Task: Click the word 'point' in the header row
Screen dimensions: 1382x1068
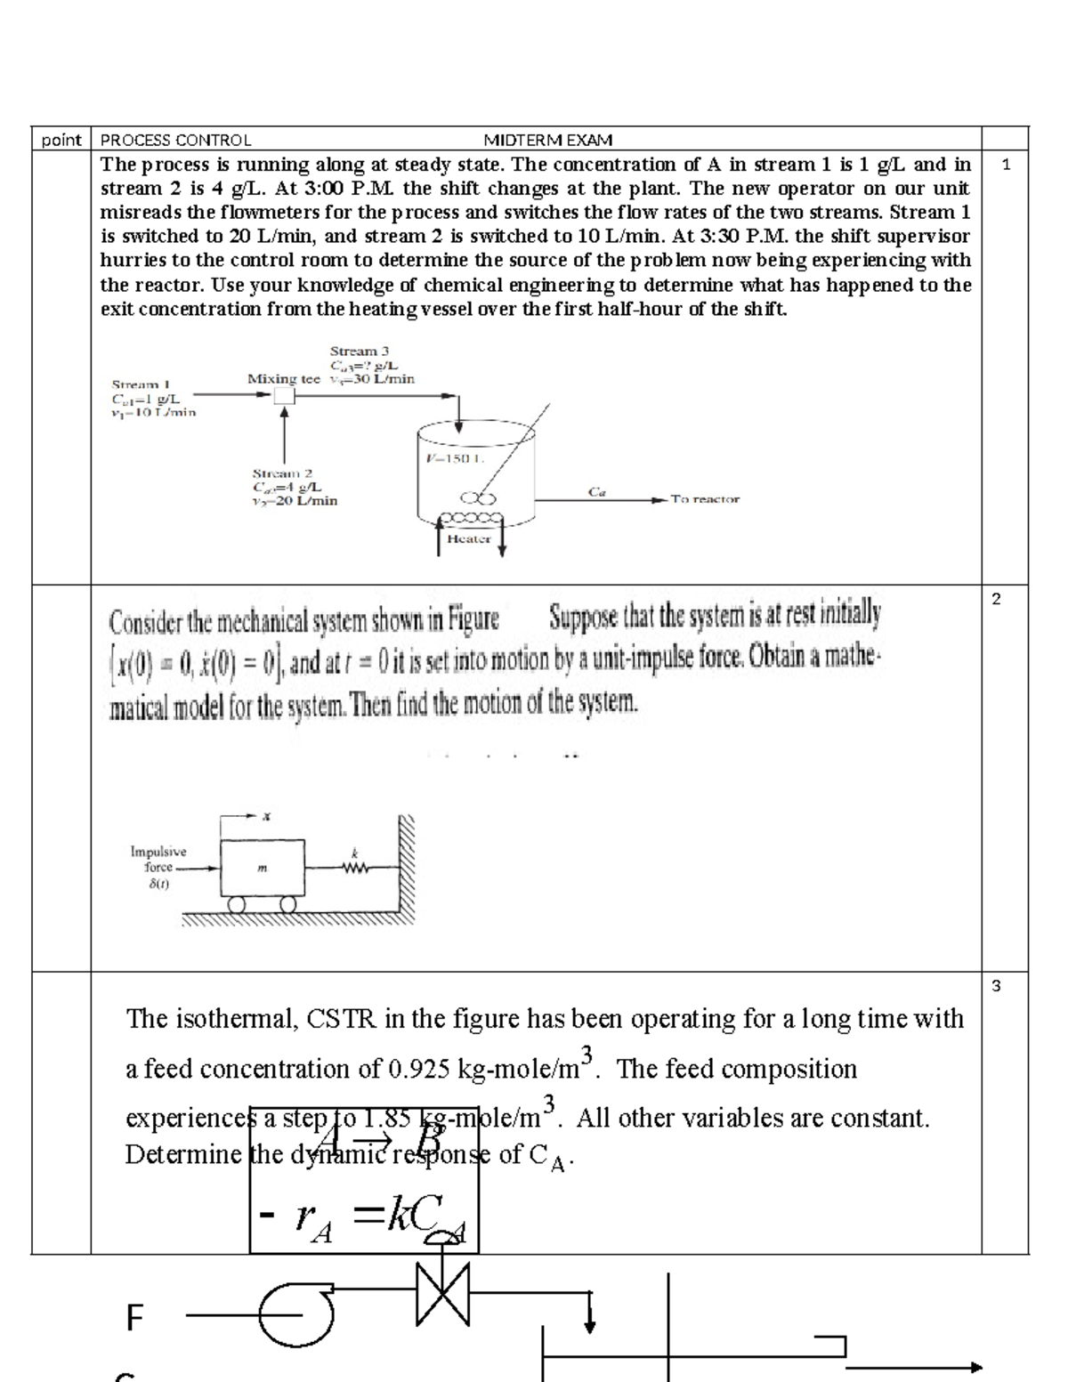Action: [61, 140]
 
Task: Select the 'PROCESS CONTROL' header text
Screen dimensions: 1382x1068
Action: [176, 140]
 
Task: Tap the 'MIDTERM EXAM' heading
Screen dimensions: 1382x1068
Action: [547, 140]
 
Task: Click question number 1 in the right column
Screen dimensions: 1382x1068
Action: [1006, 165]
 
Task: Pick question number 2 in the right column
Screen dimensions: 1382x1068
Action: [996, 599]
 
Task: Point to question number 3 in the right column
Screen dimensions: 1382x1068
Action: [996, 985]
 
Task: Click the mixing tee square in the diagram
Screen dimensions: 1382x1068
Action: [284, 397]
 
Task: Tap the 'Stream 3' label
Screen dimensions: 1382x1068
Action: [359, 352]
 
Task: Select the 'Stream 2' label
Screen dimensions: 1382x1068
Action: [282, 473]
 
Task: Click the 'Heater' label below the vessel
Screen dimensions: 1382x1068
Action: [469, 538]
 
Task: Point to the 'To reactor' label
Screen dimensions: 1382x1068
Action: [705, 499]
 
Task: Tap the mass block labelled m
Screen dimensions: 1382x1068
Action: [263, 867]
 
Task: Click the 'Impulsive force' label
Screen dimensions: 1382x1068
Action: [158, 860]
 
